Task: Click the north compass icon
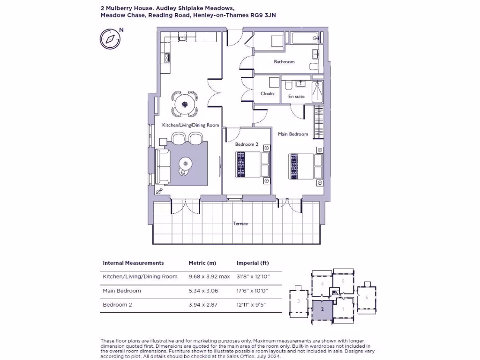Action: point(110,38)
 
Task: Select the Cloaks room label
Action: point(267,94)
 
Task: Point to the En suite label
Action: point(296,97)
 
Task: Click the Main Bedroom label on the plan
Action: point(293,134)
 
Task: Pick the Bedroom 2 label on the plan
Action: point(247,144)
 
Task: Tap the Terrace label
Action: point(240,224)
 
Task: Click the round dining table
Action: point(185,103)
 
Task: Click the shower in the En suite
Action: point(317,92)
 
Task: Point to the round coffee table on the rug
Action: point(185,164)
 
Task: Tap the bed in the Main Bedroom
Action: point(305,166)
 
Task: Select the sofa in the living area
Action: point(163,166)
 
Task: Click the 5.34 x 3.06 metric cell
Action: point(203,291)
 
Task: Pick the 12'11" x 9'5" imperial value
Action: point(252,305)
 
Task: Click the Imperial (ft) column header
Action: point(253,263)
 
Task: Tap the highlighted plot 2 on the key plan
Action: point(322,309)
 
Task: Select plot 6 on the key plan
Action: point(367,297)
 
